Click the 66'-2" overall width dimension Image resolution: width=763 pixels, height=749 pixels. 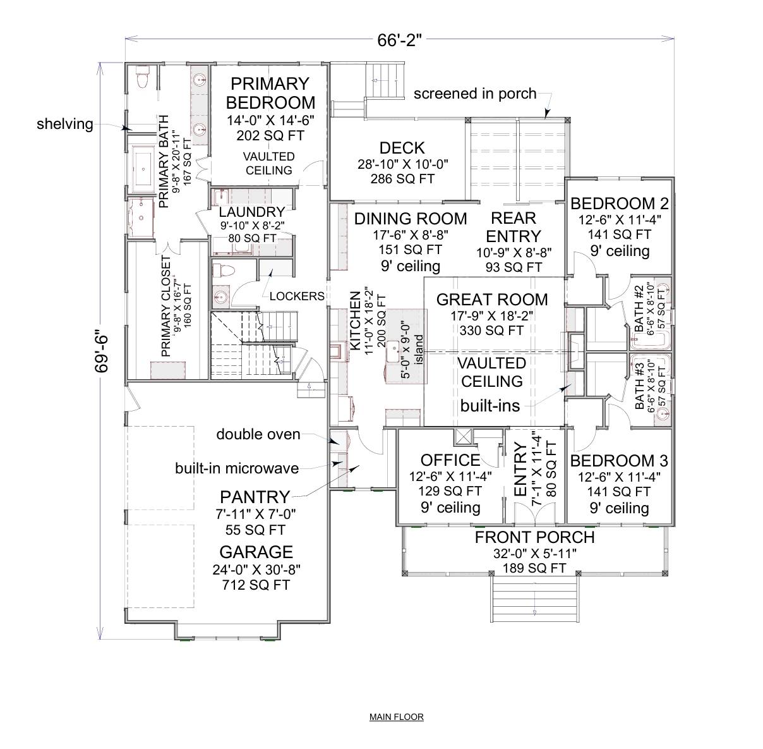[399, 42]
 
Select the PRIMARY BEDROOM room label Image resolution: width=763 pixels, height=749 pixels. [270, 93]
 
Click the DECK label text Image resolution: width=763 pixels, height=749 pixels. [402, 148]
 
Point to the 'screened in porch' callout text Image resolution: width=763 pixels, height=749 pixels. [474, 94]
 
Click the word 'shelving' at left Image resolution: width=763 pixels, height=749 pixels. [64, 124]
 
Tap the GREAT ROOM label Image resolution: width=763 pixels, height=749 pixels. [491, 299]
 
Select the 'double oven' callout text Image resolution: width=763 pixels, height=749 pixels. [258, 434]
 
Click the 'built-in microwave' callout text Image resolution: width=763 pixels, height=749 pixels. [237, 468]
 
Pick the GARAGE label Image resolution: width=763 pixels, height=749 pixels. [256, 551]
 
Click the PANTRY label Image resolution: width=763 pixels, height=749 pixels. [255, 497]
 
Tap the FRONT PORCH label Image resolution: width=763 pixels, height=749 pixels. [534, 538]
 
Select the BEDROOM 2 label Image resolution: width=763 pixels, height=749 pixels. [619, 204]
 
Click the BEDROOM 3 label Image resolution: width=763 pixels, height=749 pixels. [619, 461]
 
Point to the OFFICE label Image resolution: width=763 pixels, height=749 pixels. [450, 460]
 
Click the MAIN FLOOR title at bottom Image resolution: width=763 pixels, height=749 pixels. [396, 717]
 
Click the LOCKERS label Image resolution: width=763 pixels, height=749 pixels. [297, 296]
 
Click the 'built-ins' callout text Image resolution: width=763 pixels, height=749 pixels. [490, 406]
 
